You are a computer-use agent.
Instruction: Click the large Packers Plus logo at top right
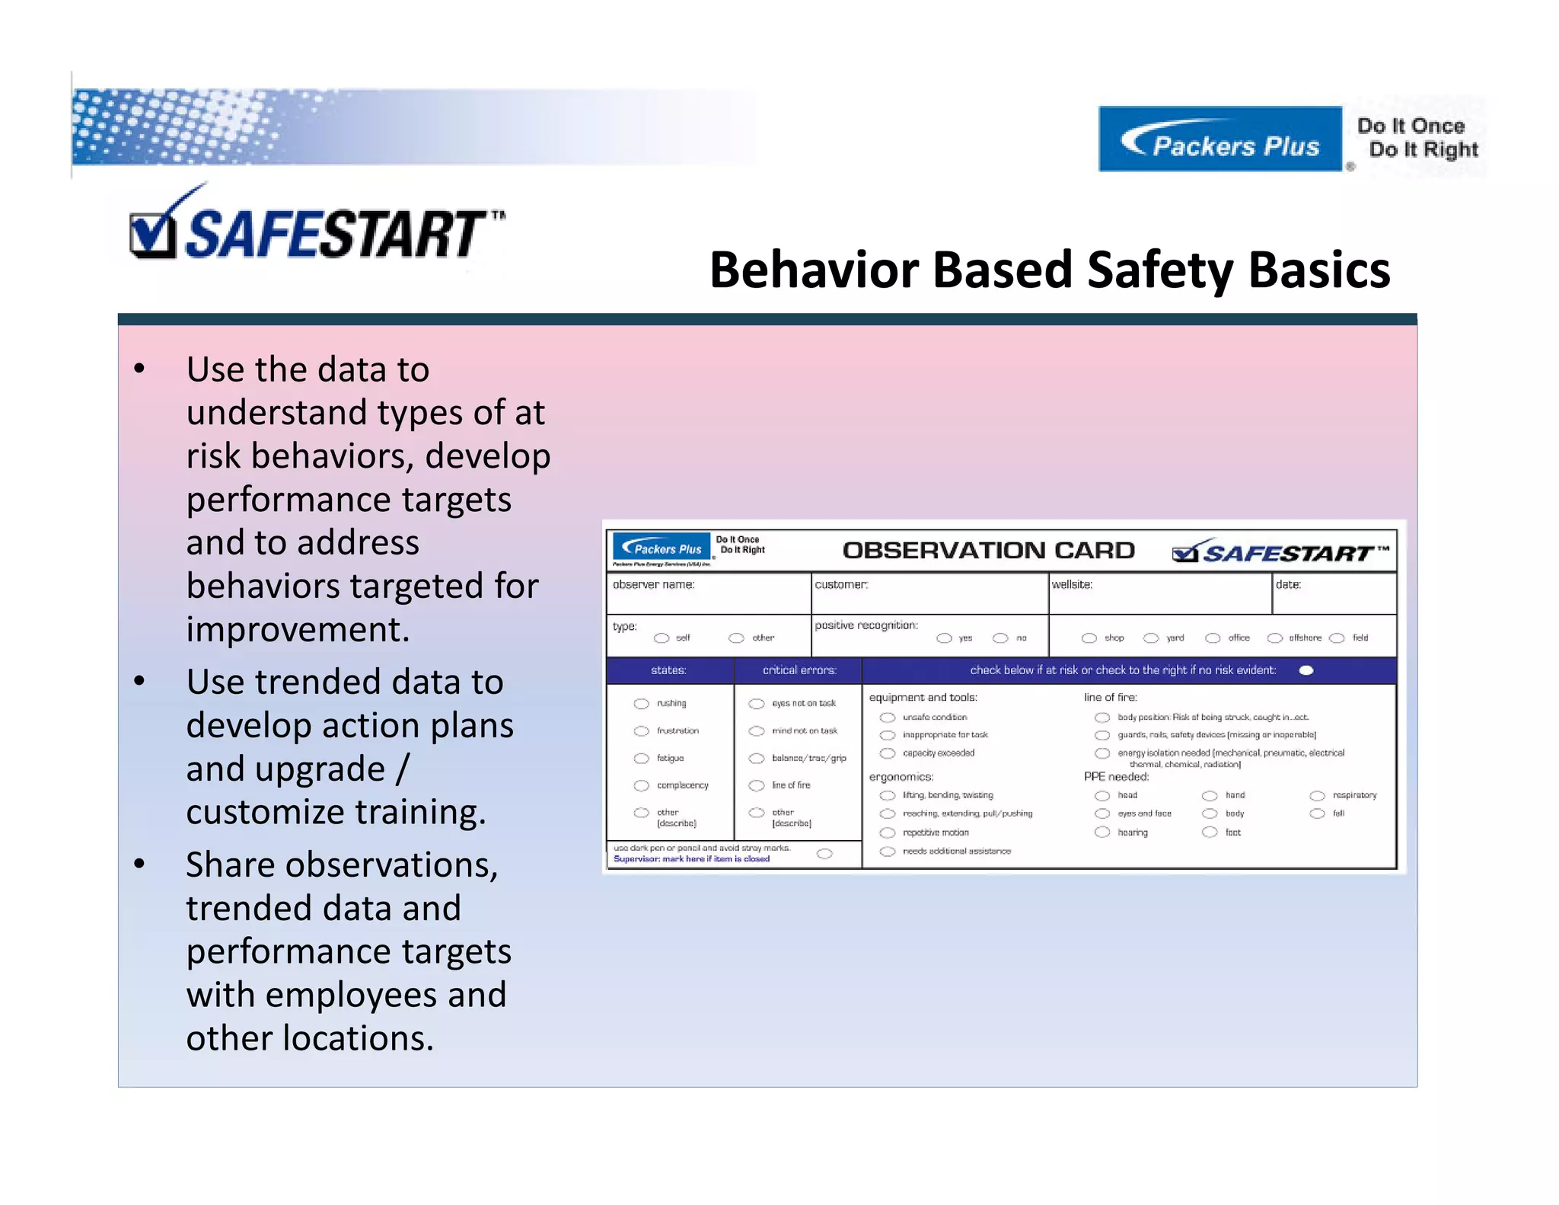(x=1219, y=139)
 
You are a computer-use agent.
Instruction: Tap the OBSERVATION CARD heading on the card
(x=988, y=551)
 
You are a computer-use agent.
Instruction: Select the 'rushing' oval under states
(x=642, y=704)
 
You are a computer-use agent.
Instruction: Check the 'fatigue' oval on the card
(x=642, y=759)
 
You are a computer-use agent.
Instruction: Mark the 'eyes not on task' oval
(x=756, y=704)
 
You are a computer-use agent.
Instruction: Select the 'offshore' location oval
(x=1275, y=638)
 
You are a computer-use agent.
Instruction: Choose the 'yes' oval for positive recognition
(x=944, y=638)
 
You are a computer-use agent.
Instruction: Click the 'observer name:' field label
(x=653, y=585)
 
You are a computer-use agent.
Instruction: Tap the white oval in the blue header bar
(x=1306, y=670)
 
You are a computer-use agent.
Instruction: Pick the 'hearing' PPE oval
(x=1102, y=833)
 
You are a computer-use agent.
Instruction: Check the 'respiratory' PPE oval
(x=1317, y=795)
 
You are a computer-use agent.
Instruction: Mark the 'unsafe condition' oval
(x=887, y=718)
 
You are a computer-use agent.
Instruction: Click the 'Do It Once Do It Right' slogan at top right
(x=1417, y=138)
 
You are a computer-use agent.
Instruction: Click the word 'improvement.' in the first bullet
(x=298, y=630)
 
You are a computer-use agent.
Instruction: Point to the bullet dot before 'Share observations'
(x=139, y=865)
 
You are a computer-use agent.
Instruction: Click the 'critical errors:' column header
(x=799, y=670)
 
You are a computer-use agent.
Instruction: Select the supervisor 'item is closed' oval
(x=824, y=854)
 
